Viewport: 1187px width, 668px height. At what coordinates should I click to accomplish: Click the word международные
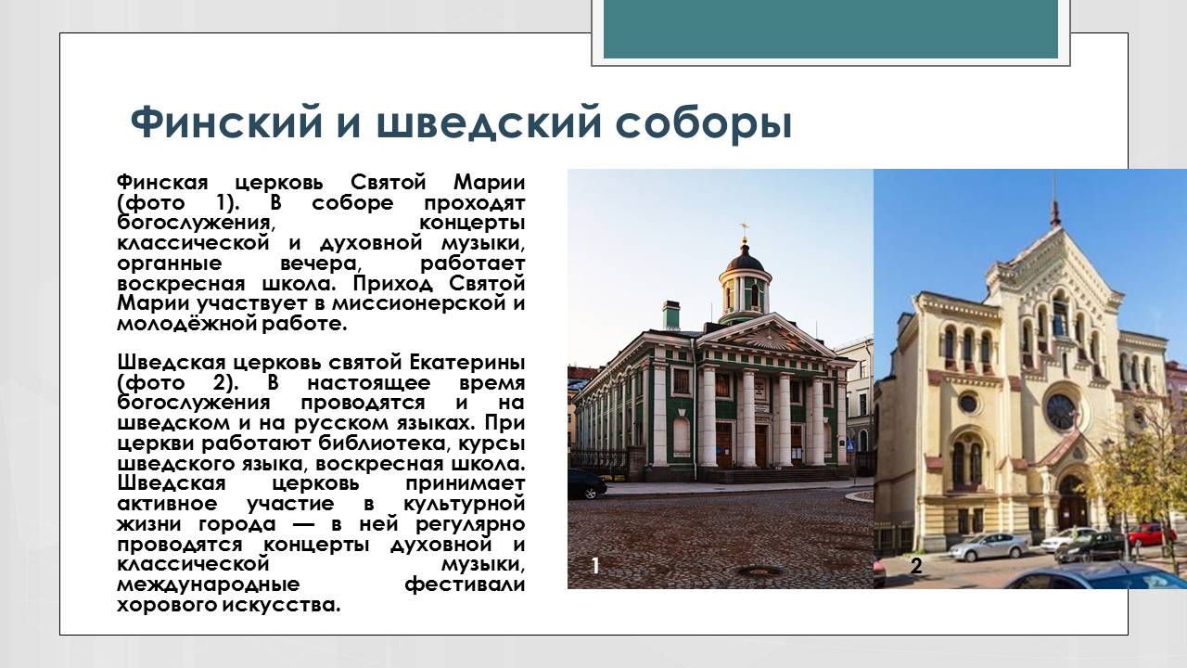(209, 585)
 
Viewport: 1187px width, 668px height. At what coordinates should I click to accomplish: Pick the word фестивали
(465, 585)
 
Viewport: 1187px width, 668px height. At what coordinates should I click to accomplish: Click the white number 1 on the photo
(595, 566)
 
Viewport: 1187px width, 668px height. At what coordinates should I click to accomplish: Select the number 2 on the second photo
(915, 566)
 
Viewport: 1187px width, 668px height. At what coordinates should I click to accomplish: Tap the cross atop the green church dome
(744, 229)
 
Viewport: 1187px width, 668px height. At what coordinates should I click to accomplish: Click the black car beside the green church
(585, 483)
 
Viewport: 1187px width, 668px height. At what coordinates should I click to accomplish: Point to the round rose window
(1060, 411)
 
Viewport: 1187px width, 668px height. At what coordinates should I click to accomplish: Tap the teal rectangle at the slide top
(831, 30)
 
